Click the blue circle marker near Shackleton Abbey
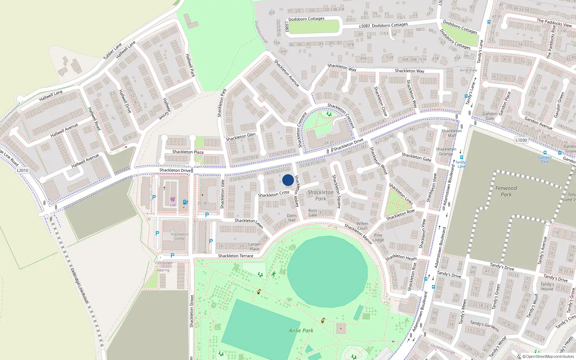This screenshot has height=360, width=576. click(288, 180)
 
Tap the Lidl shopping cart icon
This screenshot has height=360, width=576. click(173, 199)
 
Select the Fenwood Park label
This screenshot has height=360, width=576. click(506, 191)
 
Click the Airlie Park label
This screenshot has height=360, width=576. click(301, 330)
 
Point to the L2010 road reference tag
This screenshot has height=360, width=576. click(22, 170)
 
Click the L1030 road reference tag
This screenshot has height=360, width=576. click(521, 140)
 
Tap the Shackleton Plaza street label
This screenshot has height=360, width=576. click(188, 152)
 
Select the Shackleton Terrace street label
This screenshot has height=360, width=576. click(235, 256)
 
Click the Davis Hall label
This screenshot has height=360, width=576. click(292, 218)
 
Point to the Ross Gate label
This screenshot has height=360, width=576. click(312, 213)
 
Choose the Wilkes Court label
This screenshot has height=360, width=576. click(362, 226)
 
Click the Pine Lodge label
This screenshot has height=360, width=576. click(378, 238)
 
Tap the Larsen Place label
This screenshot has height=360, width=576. click(254, 247)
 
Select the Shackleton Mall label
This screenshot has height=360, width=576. click(451, 133)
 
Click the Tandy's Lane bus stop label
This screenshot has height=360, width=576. click(462, 164)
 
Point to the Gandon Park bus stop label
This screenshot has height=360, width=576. click(545, 159)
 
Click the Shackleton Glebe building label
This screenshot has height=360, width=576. click(179, 236)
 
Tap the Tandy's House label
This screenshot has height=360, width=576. click(547, 287)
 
